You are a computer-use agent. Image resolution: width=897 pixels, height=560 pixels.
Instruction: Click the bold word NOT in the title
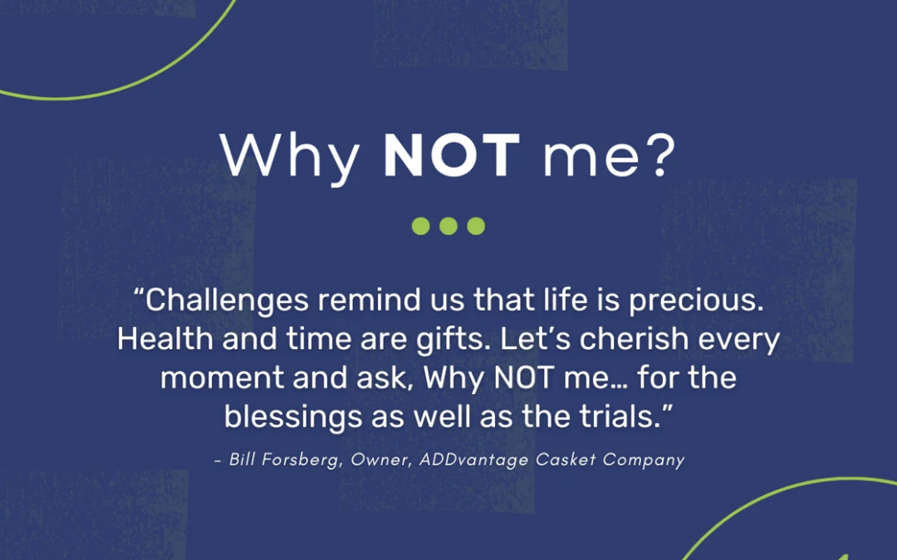point(451,155)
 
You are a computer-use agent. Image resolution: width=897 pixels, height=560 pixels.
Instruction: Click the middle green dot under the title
point(448,226)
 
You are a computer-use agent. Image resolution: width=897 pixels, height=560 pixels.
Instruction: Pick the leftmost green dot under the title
point(420,226)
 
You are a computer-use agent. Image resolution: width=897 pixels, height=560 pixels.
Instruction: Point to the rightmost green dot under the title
point(476,226)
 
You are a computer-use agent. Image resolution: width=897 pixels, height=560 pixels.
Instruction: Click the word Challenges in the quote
point(227,301)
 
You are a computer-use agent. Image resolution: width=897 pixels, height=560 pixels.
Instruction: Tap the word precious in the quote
point(696,301)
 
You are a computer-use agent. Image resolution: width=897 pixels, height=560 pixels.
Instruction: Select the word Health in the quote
point(165,338)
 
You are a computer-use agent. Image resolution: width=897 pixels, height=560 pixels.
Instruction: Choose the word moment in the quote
point(222,378)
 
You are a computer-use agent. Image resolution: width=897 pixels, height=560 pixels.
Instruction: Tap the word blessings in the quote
point(293,417)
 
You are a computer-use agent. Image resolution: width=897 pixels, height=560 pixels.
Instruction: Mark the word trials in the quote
point(620,416)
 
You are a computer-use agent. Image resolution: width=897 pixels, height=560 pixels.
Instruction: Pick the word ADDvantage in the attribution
point(474,460)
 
